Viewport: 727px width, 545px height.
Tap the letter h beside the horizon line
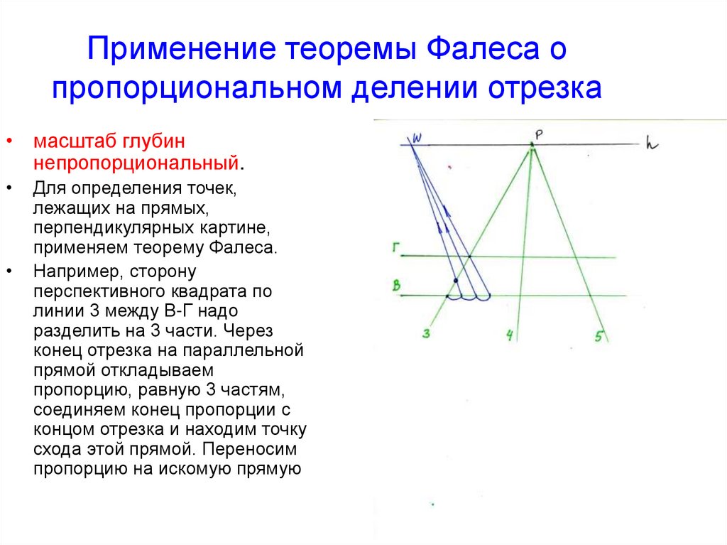click(x=652, y=144)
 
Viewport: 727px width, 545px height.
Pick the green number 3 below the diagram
click(x=426, y=333)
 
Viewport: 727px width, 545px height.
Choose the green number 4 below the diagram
click(x=509, y=335)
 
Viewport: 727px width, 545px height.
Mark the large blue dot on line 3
click(x=456, y=281)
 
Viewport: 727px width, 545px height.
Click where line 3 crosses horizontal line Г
click(x=470, y=256)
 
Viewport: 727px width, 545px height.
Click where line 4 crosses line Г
click(x=523, y=256)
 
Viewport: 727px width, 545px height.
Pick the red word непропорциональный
click(x=134, y=162)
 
